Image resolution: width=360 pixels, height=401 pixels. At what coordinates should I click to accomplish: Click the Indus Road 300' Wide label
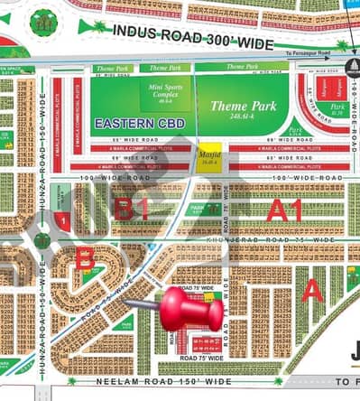[192, 33]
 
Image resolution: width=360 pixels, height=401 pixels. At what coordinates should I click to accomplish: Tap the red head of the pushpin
[191, 310]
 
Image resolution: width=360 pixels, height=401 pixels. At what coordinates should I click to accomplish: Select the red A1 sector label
[284, 211]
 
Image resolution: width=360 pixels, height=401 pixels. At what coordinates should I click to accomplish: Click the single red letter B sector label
[84, 259]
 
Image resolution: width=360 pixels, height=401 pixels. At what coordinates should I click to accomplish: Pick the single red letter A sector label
[311, 290]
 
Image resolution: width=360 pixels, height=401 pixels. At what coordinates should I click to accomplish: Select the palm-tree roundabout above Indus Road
[42, 23]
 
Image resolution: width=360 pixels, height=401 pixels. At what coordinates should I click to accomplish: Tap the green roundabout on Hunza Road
[42, 242]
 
